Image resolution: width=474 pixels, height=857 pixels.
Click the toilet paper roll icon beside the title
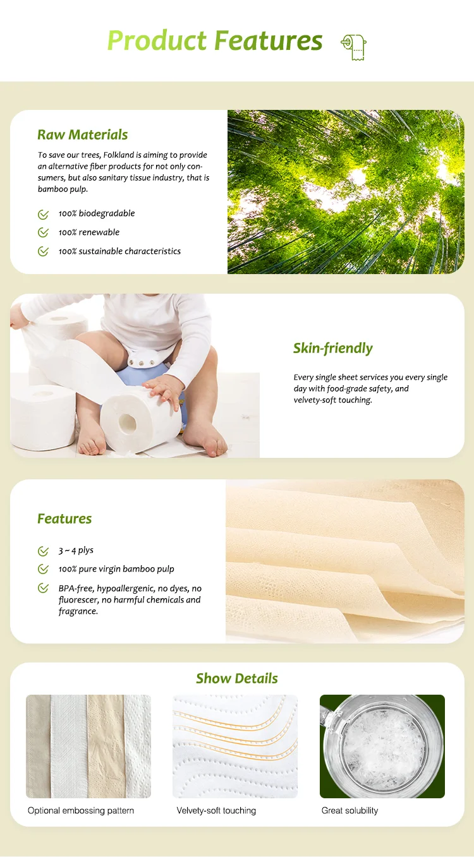354,47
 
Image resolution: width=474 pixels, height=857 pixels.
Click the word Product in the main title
157,41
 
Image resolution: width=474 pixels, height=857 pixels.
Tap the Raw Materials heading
82,135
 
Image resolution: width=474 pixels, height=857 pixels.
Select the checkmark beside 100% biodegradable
43,214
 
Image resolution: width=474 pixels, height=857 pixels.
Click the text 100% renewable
89,232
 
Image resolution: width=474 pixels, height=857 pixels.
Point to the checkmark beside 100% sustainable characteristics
43,251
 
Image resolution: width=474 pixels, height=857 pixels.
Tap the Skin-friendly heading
332,348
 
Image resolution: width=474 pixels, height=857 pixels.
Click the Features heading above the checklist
64,518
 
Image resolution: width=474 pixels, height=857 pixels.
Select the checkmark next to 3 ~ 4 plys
43,551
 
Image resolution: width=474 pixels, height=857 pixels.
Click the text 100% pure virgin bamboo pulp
116,569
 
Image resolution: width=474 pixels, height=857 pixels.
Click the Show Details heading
237,678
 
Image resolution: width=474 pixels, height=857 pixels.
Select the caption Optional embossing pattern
81,810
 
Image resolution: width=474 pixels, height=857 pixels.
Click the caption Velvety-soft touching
216,810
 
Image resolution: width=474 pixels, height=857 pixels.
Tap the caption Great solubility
349,810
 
